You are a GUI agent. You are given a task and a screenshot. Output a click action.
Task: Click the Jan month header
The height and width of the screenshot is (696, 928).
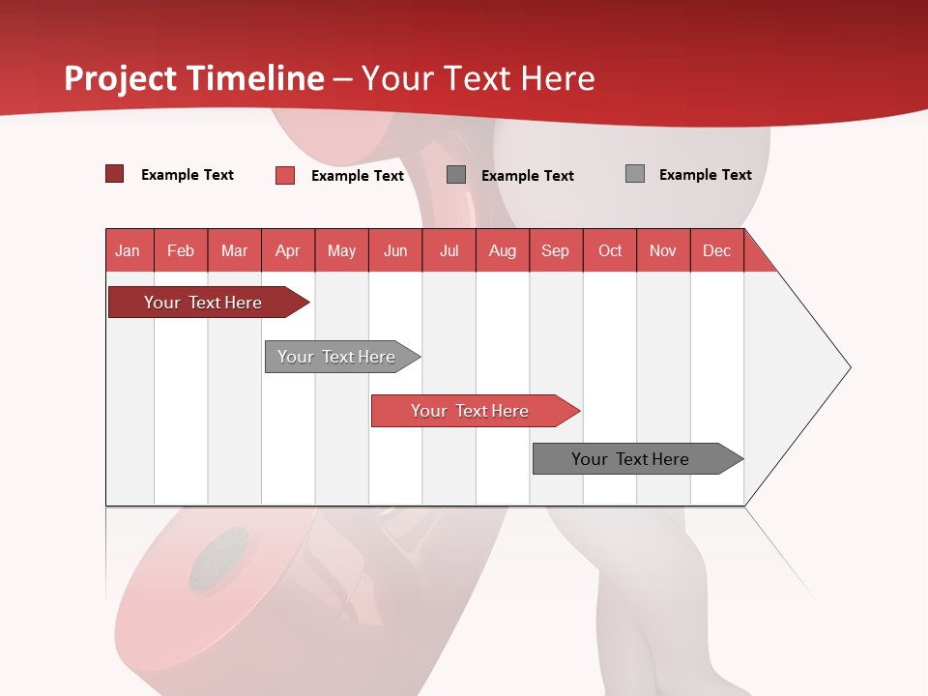129,250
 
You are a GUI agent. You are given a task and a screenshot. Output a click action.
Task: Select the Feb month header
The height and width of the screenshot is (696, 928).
181,250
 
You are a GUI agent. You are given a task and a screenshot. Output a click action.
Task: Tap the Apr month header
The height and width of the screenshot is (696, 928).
287,250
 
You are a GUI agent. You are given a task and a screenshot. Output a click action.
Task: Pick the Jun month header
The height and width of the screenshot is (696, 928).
394,250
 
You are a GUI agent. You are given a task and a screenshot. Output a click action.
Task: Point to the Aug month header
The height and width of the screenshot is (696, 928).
502,250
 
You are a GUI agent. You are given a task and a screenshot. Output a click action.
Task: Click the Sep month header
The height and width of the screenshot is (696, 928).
555,250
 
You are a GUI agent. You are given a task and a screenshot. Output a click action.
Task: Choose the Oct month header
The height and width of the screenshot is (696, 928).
609,250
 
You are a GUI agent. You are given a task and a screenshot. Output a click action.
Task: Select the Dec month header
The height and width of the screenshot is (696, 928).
716,250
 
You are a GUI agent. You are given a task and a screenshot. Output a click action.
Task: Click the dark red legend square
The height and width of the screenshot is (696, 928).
114,174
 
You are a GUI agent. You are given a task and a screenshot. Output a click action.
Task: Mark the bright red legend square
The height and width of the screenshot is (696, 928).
284,175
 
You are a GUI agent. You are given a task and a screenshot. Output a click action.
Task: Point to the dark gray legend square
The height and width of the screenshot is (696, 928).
455,174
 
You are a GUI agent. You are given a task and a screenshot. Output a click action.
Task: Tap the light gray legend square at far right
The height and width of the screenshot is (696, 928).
634,174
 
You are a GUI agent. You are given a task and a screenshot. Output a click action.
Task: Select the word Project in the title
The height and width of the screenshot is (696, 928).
121,78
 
